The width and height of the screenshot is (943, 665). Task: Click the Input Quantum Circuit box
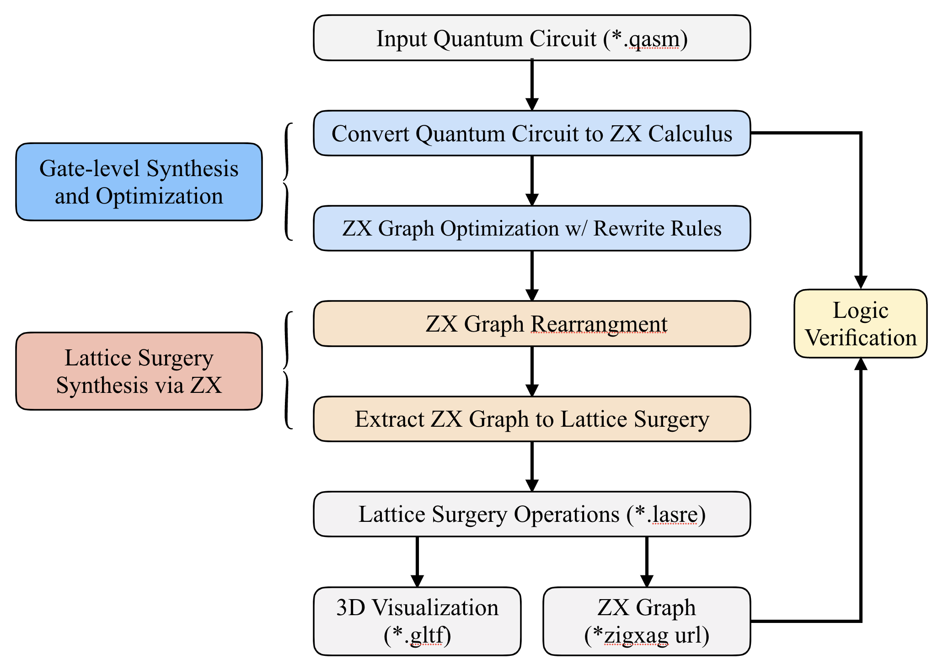click(531, 38)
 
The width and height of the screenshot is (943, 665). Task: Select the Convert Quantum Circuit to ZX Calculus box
click(531, 134)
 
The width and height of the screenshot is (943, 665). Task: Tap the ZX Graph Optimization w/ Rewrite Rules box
click(531, 228)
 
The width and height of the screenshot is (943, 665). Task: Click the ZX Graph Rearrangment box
click(531, 323)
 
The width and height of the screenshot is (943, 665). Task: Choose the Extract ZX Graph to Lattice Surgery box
click(531, 419)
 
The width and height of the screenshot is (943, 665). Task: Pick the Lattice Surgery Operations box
click(531, 514)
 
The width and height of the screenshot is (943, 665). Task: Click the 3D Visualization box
click(417, 621)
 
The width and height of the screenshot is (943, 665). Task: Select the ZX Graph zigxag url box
click(647, 621)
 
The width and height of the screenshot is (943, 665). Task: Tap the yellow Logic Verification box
click(861, 324)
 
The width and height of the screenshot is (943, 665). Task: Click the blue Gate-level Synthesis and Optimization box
click(139, 182)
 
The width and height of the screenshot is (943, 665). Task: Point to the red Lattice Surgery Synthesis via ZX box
click(139, 371)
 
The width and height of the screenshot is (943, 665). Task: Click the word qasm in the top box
click(654, 39)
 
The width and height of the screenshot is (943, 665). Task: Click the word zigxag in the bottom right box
click(636, 636)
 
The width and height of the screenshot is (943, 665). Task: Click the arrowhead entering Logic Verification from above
click(861, 282)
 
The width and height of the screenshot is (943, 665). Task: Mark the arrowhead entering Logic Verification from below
click(861, 365)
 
